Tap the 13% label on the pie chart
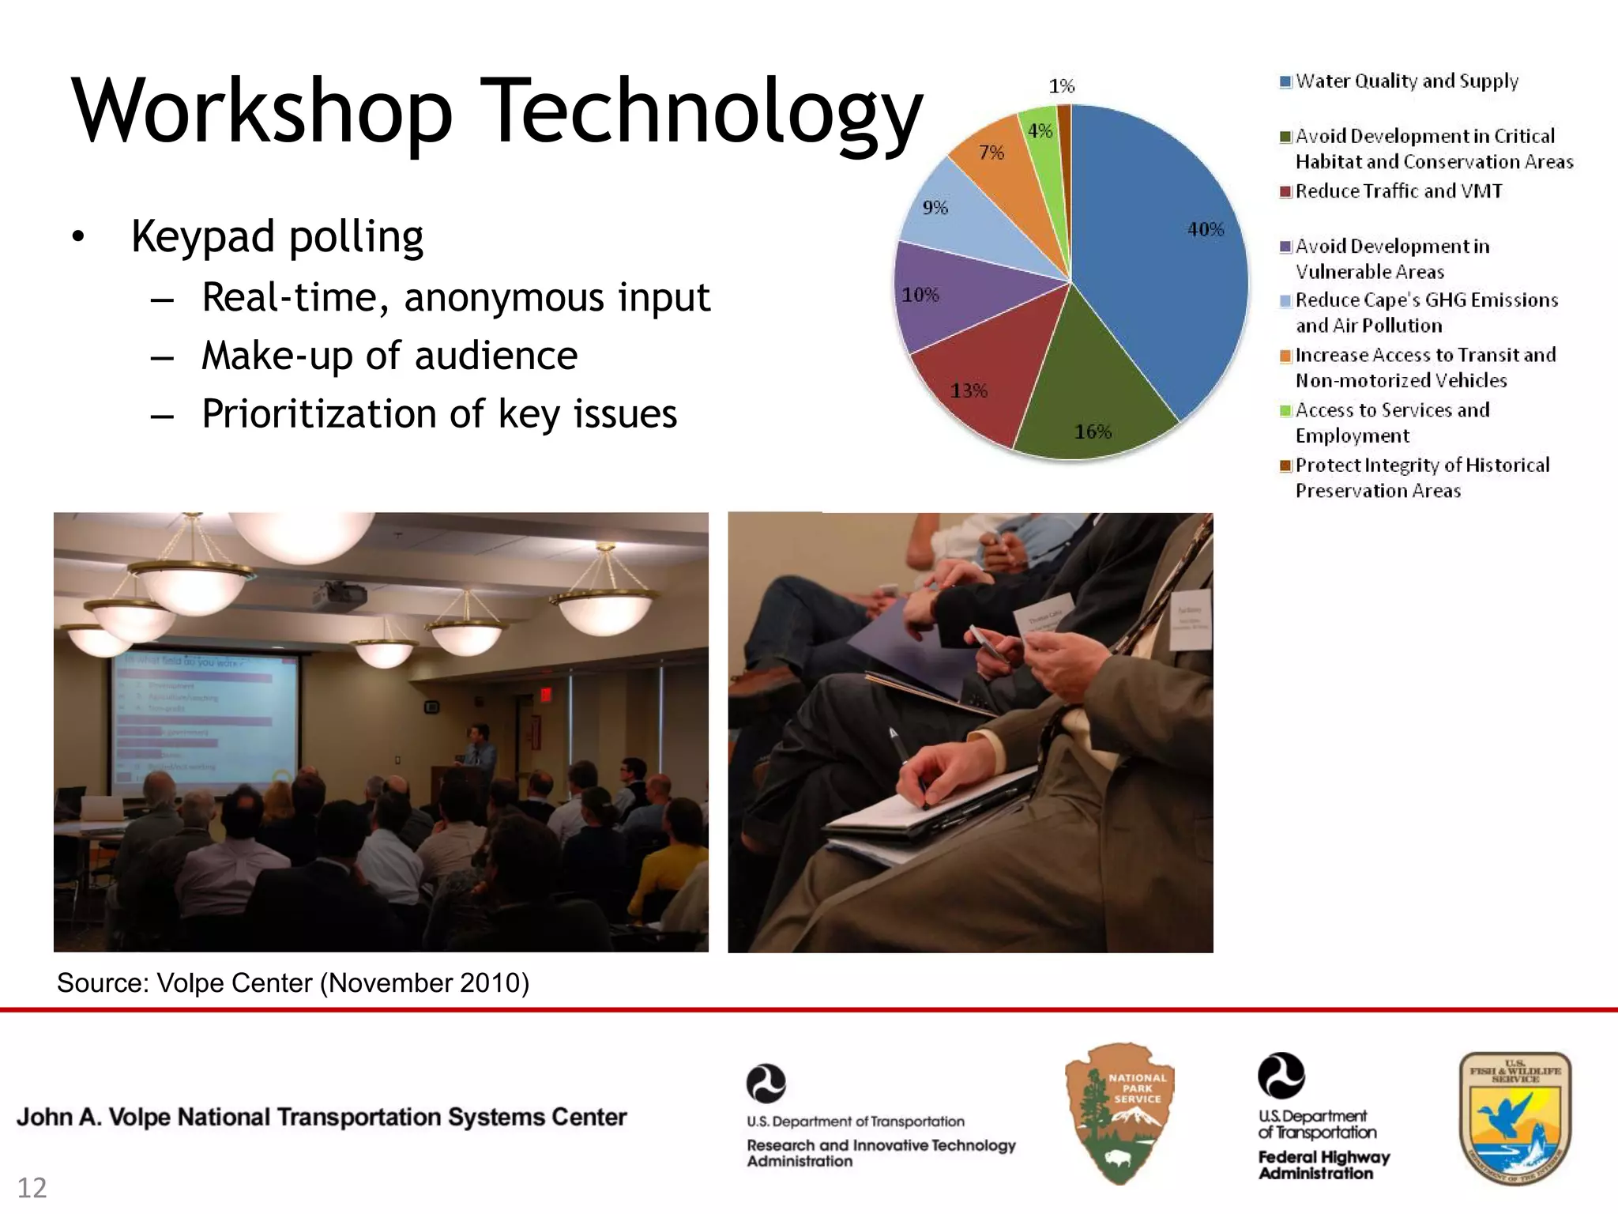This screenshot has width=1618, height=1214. (969, 390)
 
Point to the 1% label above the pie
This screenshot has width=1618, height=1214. (1061, 85)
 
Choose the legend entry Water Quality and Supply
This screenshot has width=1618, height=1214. (1406, 81)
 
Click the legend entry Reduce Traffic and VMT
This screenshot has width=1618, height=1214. (1398, 191)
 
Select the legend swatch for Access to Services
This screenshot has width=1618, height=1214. (1285, 410)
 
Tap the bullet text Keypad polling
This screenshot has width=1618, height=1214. (277, 236)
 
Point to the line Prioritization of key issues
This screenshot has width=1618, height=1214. (439, 414)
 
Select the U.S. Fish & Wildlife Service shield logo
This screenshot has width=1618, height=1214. (1515, 1118)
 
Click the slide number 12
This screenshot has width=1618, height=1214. (32, 1188)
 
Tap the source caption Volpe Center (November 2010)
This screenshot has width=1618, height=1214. (292, 983)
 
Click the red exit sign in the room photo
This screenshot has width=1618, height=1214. (545, 694)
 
